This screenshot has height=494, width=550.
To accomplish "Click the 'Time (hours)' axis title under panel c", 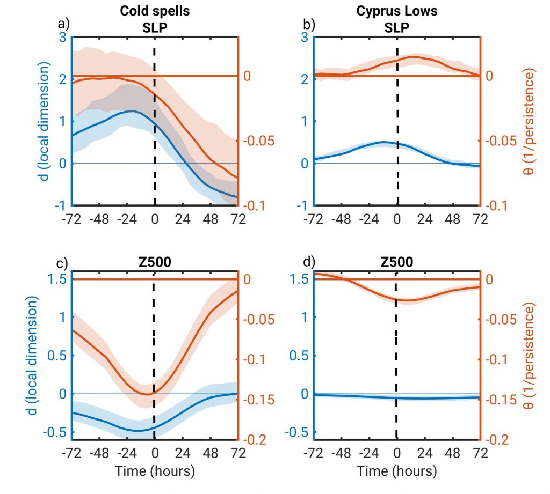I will [x=155, y=471].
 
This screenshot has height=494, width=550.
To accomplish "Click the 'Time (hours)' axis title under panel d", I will [x=397, y=471].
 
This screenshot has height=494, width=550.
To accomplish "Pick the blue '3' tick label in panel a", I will [x=63, y=37].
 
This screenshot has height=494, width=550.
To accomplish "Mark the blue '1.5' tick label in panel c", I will [x=59, y=279].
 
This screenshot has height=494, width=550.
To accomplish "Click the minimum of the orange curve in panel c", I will [x=147, y=394].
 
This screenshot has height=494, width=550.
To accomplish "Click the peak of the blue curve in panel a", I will [x=132, y=111].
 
